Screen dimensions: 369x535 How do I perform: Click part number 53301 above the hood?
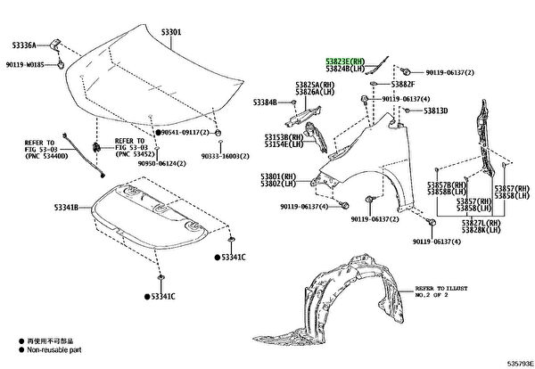(170, 33)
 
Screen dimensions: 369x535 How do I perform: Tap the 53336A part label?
(26, 45)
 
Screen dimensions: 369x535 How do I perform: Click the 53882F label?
(404, 84)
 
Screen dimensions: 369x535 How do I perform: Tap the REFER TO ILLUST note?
(440, 289)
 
